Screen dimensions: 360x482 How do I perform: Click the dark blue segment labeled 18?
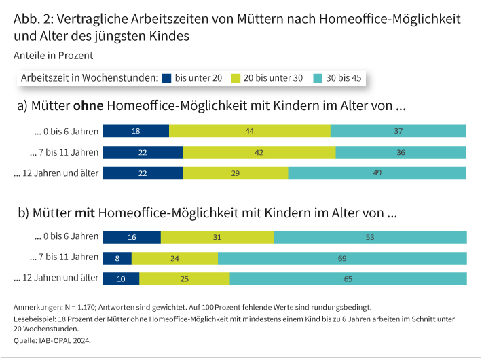(136, 131)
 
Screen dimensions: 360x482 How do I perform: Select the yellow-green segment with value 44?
(250, 131)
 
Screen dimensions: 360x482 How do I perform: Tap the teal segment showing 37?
(398, 131)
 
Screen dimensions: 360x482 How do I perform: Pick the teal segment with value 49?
(377, 173)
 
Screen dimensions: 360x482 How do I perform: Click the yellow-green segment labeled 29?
(236, 173)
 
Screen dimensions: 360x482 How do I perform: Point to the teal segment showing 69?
(342, 258)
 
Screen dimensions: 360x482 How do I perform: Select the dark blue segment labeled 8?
(117, 258)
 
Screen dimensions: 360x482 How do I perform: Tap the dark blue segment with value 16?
(132, 237)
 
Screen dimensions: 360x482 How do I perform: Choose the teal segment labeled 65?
(348, 279)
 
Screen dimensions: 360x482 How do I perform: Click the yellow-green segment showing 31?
(217, 237)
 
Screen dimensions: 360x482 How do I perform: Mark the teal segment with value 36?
(401, 152)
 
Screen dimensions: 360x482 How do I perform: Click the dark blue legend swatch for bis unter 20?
(167, 78)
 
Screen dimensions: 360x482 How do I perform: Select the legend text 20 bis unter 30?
(273, 78)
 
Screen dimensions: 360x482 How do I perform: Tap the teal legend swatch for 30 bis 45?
(318, 78)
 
